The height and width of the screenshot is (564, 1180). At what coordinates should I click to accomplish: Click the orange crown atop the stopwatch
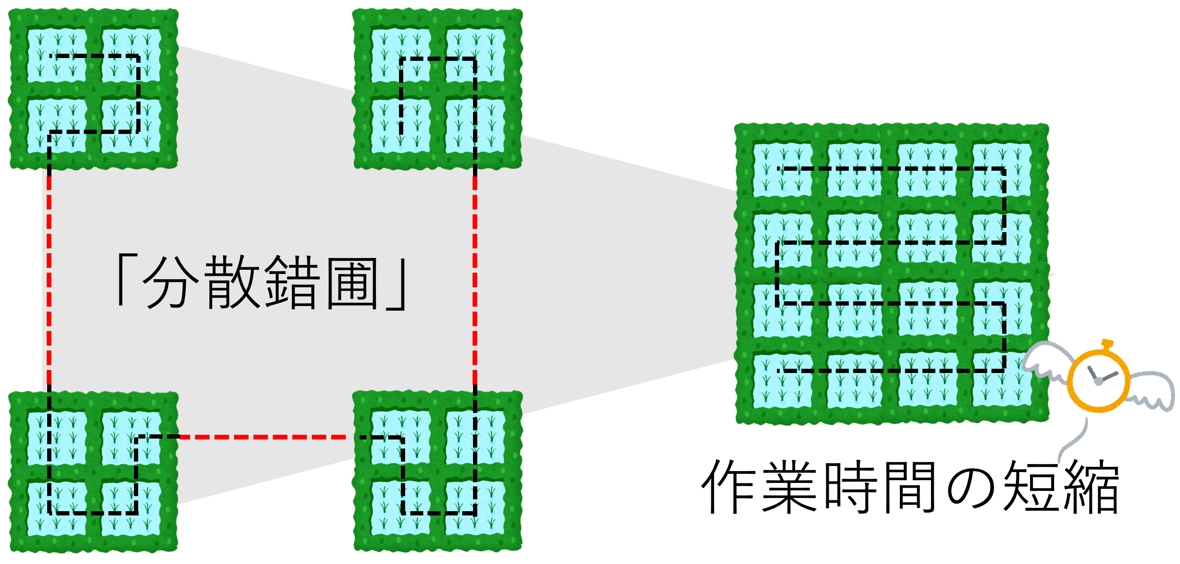1107,344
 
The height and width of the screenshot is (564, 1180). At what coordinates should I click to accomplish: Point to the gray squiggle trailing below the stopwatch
1073,443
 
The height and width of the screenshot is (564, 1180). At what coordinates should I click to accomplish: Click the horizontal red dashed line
262,437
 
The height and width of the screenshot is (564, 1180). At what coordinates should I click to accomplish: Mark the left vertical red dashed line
49,278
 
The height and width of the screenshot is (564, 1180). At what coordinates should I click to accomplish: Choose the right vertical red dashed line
475,278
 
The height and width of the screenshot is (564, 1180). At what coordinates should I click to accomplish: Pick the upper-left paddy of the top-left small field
57,55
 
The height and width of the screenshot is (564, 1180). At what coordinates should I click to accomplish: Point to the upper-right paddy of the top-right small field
475,55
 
